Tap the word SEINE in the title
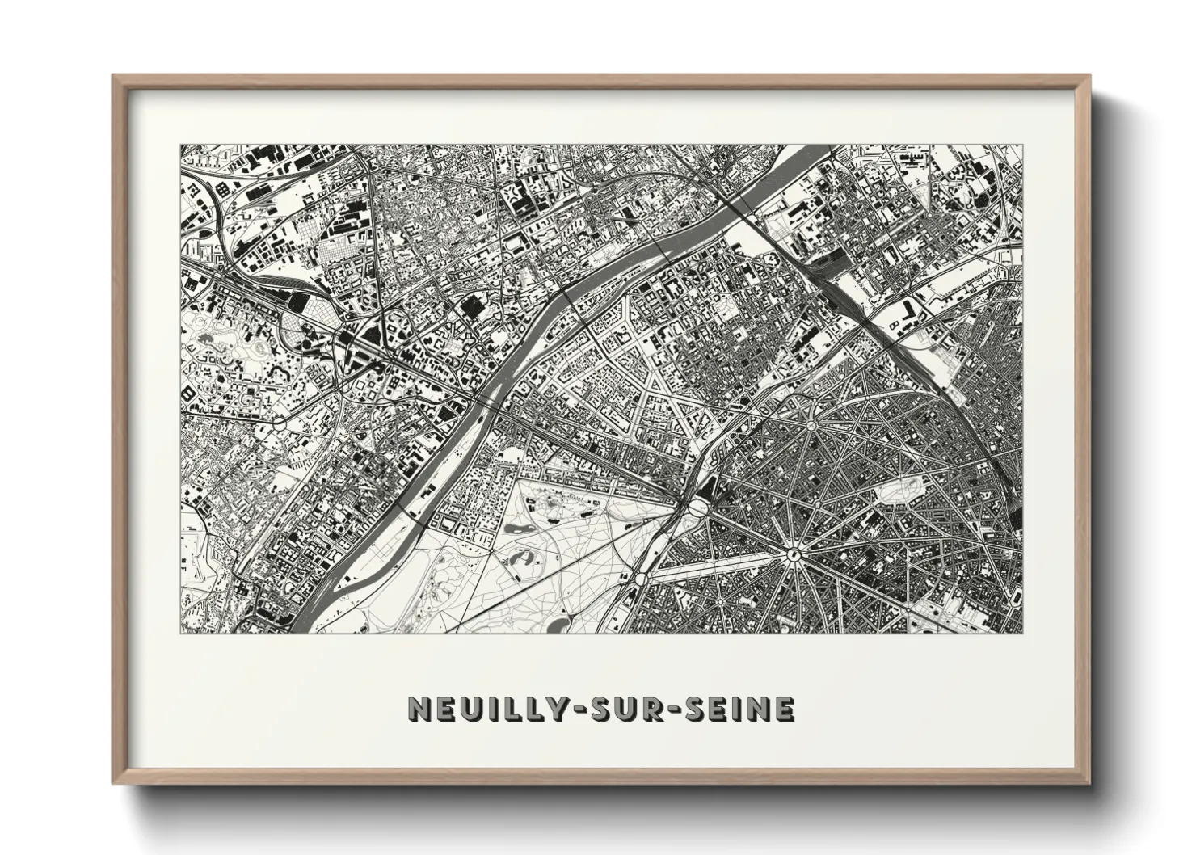743,709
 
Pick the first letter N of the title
419,709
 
